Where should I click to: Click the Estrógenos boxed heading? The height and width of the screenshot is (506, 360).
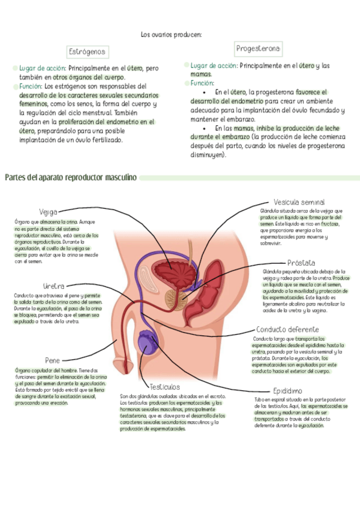pos(87,52)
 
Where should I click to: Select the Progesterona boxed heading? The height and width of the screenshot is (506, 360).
pos(258,48)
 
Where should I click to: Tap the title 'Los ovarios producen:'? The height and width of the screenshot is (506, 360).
pos(171,35)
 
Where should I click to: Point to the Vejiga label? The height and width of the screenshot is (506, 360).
pos(48,211)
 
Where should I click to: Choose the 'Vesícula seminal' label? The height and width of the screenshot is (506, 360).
pos(299,202)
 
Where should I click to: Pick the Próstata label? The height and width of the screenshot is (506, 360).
pos(301,263)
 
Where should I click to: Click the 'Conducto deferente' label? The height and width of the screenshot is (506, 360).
pos(287,329)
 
